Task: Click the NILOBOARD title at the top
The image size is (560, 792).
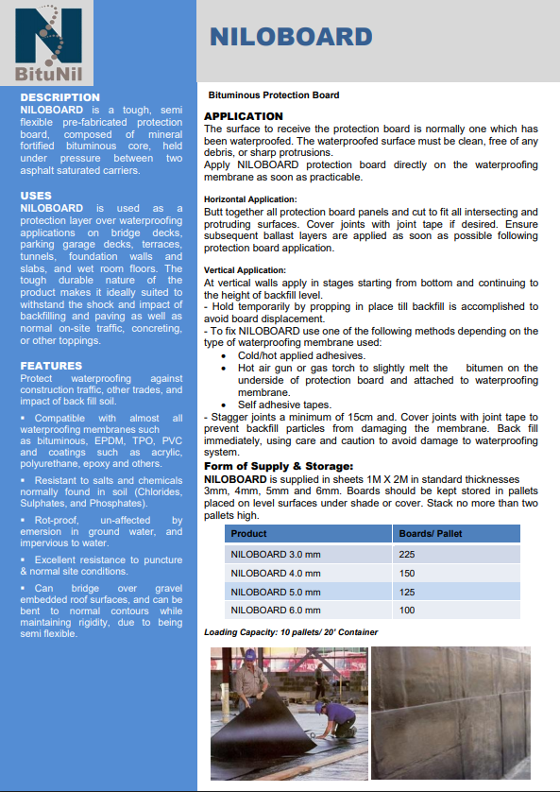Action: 291,37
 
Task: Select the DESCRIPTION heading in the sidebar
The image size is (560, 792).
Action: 59,97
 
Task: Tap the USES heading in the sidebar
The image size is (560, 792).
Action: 36,196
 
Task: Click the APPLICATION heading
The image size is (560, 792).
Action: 243,116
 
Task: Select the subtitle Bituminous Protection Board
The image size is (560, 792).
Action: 273,95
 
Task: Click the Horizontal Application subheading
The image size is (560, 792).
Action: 250,199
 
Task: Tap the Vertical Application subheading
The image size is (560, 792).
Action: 244,269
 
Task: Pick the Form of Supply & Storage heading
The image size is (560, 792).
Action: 280,466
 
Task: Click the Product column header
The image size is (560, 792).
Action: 249,533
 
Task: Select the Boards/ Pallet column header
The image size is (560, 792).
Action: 430,533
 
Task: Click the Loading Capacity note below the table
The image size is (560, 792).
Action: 291,632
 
